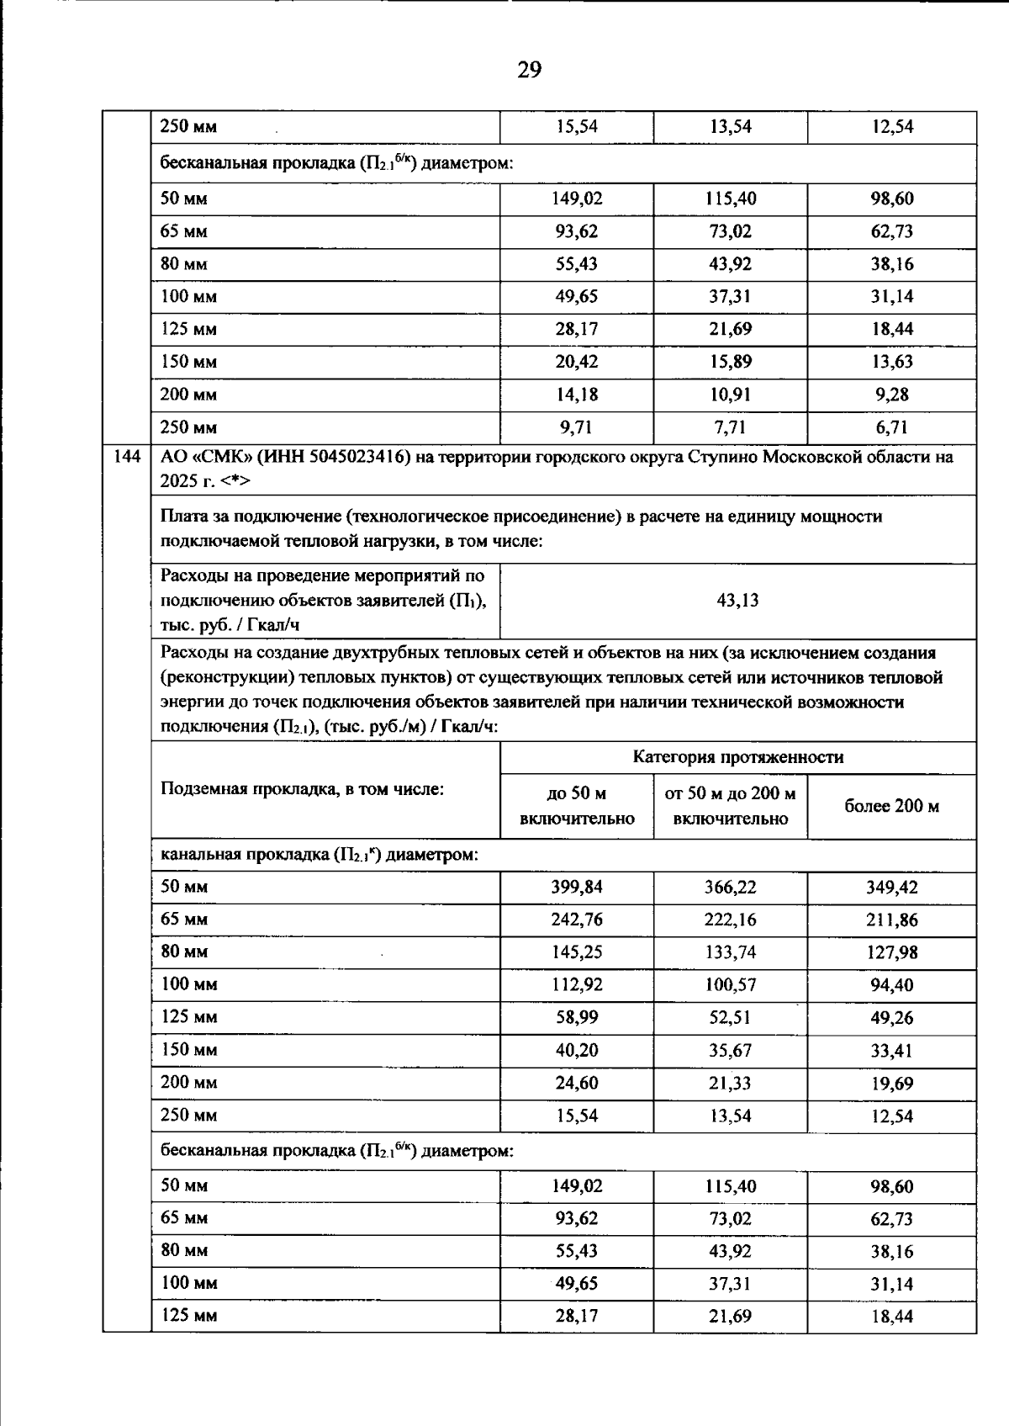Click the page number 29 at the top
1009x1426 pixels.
(x=529, y=70)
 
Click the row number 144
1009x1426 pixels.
(x=126, y=457)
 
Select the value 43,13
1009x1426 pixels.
(x=737, y=601)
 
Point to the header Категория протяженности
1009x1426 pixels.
(x=737, y=757)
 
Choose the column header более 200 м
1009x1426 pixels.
(x=891, y=806)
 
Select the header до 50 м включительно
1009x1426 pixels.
(x=577, y=806)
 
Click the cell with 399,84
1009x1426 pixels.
(x=577, y=887)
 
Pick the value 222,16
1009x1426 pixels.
(x=730, y=920)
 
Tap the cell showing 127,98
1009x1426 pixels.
(x=891, y=952)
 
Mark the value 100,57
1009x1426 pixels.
(x=730, y=985)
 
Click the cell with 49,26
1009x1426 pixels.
(x=891, y=1018)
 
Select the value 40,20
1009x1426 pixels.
(x=577, y=1051)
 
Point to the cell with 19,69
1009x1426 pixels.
(x=891, y=1084)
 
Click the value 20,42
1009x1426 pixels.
(x=577, y=362)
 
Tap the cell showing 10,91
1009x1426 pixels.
(x=730, y=395)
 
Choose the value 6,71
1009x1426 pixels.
(x=891, y=427)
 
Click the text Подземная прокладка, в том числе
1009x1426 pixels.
(x=302, y=789)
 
